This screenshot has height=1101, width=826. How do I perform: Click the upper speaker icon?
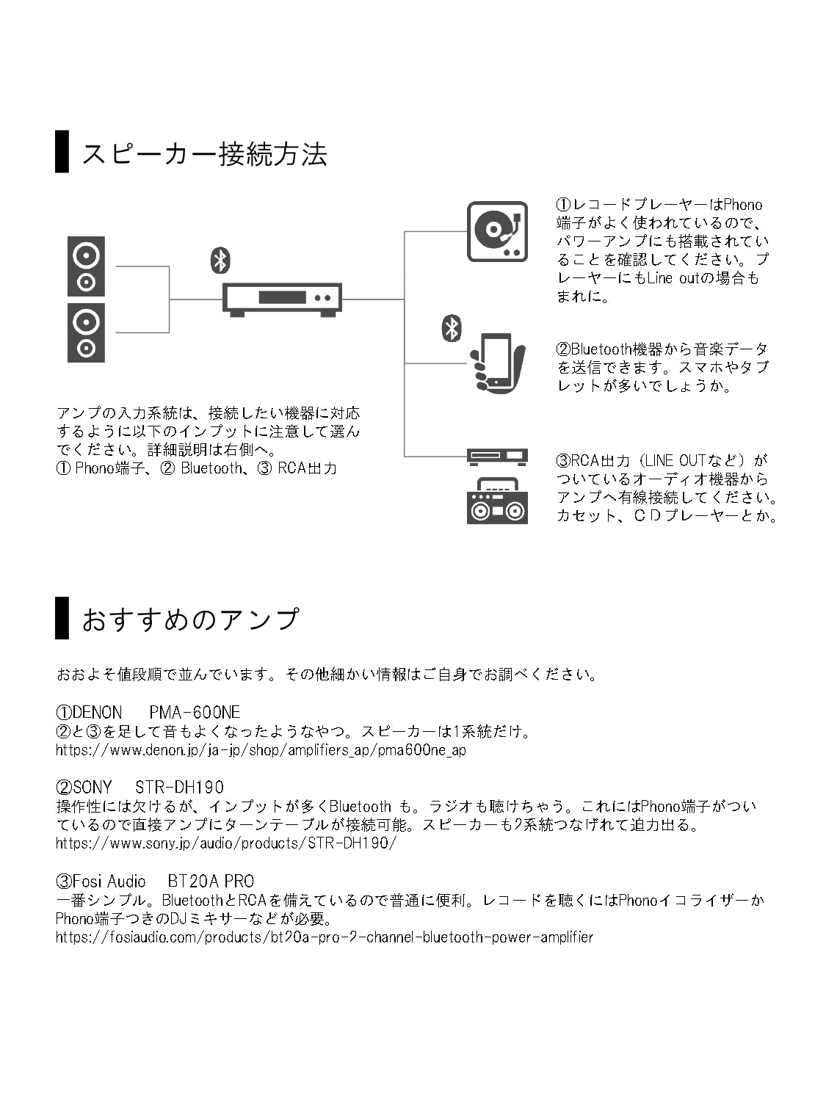tap(86, 266)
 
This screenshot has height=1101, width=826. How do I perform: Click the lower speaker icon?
tap(86, 333)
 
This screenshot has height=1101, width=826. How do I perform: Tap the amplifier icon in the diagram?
tap(283, 299)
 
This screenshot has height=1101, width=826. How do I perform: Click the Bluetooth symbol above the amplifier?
tap(220, 261)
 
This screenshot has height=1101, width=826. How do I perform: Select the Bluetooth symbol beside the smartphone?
tap(452, 328)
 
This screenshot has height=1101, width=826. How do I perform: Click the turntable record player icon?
tap(498, 231)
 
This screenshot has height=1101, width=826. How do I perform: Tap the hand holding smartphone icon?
tap(498, 363)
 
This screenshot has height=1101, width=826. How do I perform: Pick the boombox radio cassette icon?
tap(497, 501)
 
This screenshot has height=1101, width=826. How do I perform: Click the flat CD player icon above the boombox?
tap(497, 457)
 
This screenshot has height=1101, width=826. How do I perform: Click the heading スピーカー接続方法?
tap(204, 154)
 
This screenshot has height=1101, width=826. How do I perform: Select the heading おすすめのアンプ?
tap(190, 619)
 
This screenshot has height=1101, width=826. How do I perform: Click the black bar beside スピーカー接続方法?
tap(62, 152)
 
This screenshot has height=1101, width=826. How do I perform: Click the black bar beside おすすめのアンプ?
tap(62, 618)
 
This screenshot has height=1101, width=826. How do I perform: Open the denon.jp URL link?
tap(261, 750)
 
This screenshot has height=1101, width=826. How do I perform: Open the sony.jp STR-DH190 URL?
tap(226, 843)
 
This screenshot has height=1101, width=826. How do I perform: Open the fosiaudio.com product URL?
tap(324, 937)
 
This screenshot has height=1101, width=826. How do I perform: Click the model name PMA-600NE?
tap(195, 712)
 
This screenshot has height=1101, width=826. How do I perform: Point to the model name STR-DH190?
tap(180, 788)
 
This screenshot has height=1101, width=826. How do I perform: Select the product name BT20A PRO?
tap(211, 881)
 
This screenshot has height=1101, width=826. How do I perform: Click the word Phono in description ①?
tap(742, 205)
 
